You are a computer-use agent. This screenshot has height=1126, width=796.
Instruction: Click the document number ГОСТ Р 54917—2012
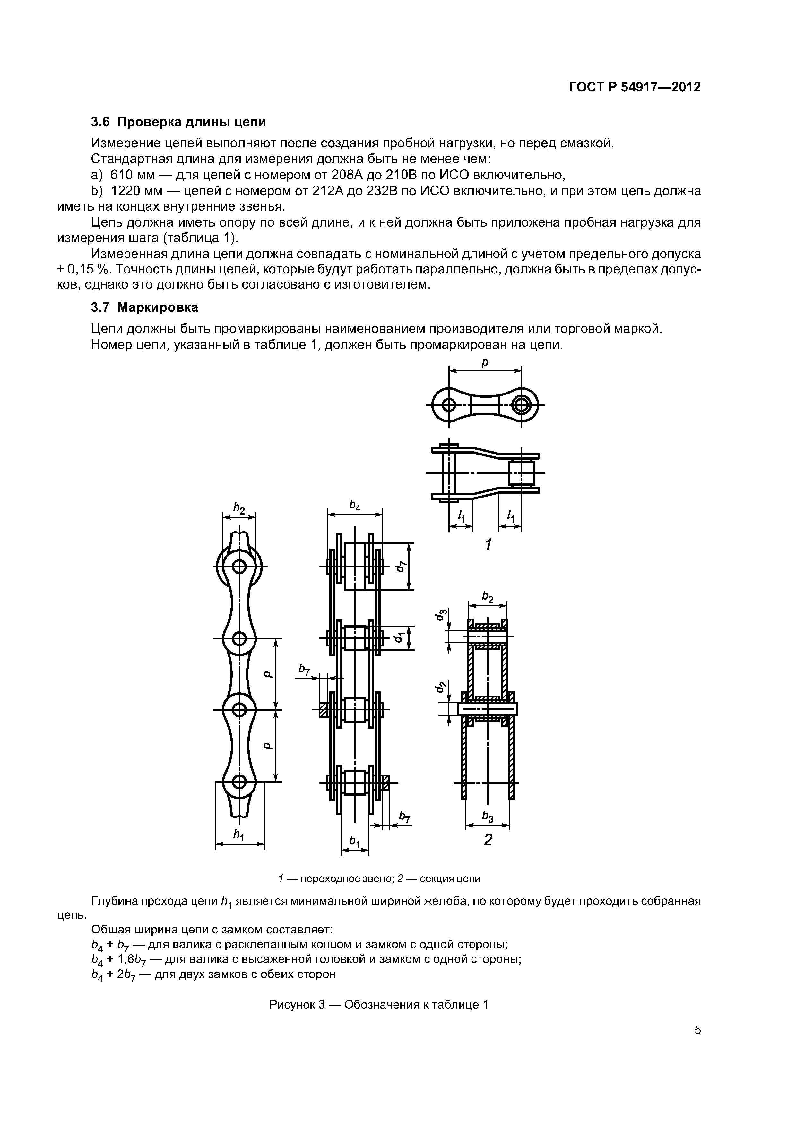pyautogui.click(x=635, y=87)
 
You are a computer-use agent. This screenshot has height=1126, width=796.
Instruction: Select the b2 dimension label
pyautogui.click(x=488, y=596)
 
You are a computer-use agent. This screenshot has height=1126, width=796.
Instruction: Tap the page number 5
pyautogui.click(x=697, y=1044)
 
